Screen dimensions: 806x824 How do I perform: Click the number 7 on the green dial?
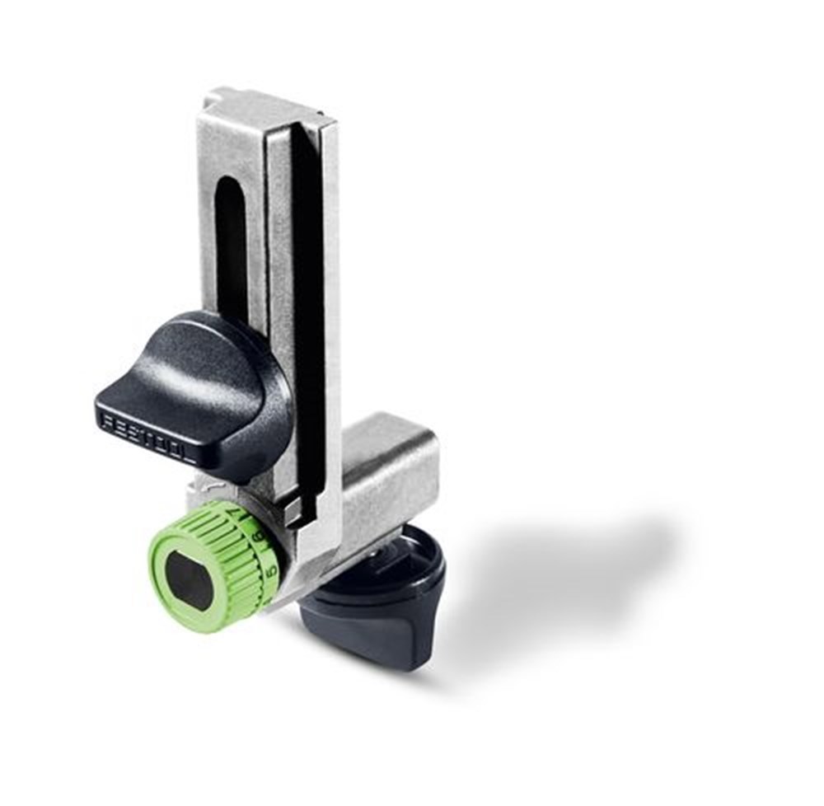pyautogui.click(x=251, y=515)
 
